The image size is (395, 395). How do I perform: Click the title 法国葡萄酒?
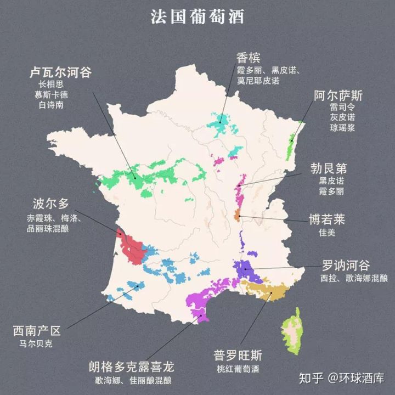pyautogui.click(x=198, y=16)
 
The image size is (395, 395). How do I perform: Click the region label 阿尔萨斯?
pyautogui.click(x=338, y=95)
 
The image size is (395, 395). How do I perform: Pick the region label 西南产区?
pyautogui.click(x=37, y=331)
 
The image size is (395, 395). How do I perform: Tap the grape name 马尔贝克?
pyautogui.click(x=37, y=345)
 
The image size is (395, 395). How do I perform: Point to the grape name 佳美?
pyautogui.click(x=326, y=233)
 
